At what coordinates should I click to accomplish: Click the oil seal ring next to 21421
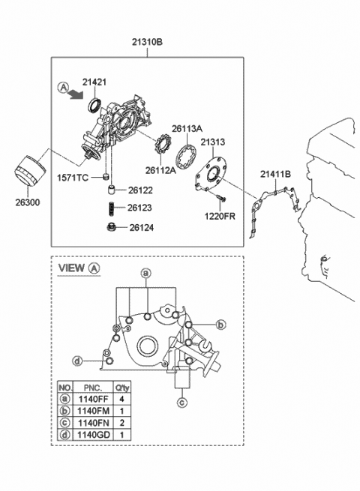[x=95, y=103]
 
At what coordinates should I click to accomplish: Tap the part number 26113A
[x=188, y=127]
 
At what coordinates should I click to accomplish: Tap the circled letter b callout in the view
[x=220, y=325]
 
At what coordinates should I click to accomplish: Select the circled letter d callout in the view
[x=78, y=361]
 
